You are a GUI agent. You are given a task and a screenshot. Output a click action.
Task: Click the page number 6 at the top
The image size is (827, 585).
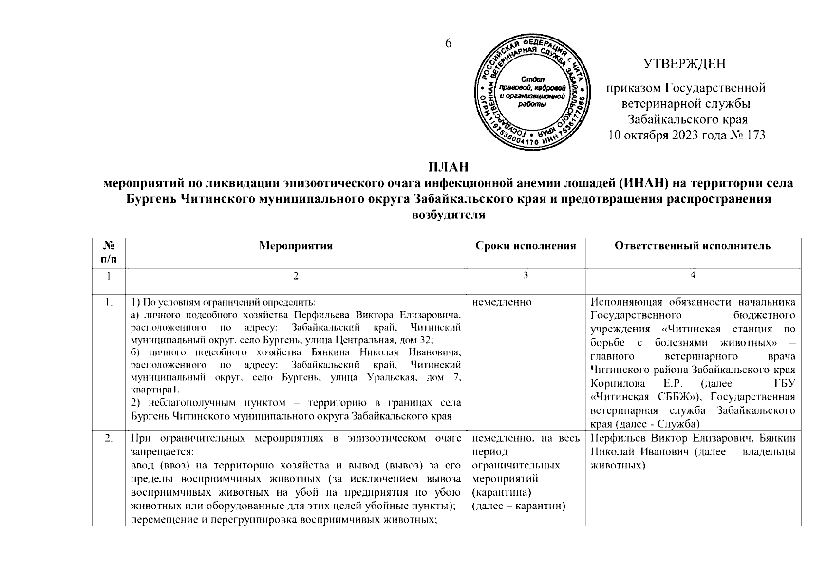(449, 43)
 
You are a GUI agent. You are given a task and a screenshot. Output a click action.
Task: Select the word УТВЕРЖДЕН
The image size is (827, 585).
(684, 64)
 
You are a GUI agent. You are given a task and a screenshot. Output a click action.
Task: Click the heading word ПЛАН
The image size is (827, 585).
(449, 167)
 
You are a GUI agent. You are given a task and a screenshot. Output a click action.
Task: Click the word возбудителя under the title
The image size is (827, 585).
(449, 214)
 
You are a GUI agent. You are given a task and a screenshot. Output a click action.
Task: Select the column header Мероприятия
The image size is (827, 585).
(296, 246)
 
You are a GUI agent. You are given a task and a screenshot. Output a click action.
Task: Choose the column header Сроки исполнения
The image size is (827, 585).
(526, 246)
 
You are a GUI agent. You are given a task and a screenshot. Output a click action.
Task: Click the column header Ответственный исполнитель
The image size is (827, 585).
(693, 246)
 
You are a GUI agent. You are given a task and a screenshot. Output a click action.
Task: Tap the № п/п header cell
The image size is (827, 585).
(109, 253)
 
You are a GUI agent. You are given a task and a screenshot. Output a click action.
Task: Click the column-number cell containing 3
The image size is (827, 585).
(526, 275)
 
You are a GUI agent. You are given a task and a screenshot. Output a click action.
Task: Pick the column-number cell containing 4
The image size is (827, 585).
(693, 275)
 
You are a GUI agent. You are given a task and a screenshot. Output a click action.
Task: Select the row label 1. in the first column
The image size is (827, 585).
(109, 302)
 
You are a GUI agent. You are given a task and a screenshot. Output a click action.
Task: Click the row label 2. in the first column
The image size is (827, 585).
(109, 439)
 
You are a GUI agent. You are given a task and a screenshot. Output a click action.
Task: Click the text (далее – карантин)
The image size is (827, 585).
(519, 506)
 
